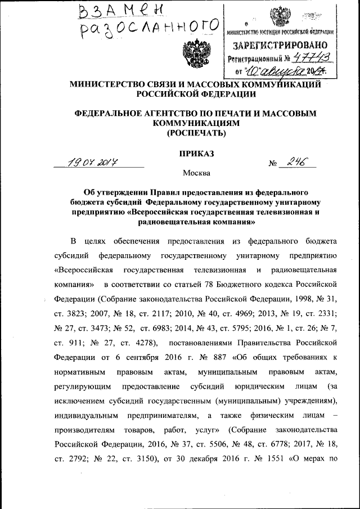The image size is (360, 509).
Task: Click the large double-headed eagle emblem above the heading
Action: click(193, 53)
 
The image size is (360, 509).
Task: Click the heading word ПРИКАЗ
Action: click(196, 152)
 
